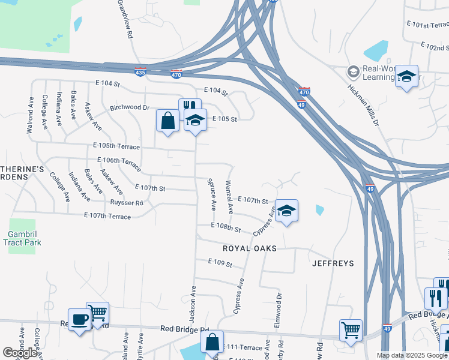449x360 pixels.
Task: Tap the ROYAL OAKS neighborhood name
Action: pyautogui.click(x=250, y=248)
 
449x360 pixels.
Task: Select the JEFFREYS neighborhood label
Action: pyautogui.click(x=333, y=263)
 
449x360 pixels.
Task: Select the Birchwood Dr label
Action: pyautogui.click(x=129, y=108)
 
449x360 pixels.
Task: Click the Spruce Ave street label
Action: pyautogui.click(x=211, y=193)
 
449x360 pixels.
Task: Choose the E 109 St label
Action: pyautogui.click(x=220, y=262)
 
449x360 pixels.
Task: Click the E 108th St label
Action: pyautogui.click(x=226, y=228)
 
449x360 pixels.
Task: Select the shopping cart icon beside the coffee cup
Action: pyautogui.click(x=97, y=312)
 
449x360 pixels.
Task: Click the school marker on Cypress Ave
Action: pyautogui.click(x=287, y=210)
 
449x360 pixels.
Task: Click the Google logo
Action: pyautogui.click(x=20, y=353)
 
